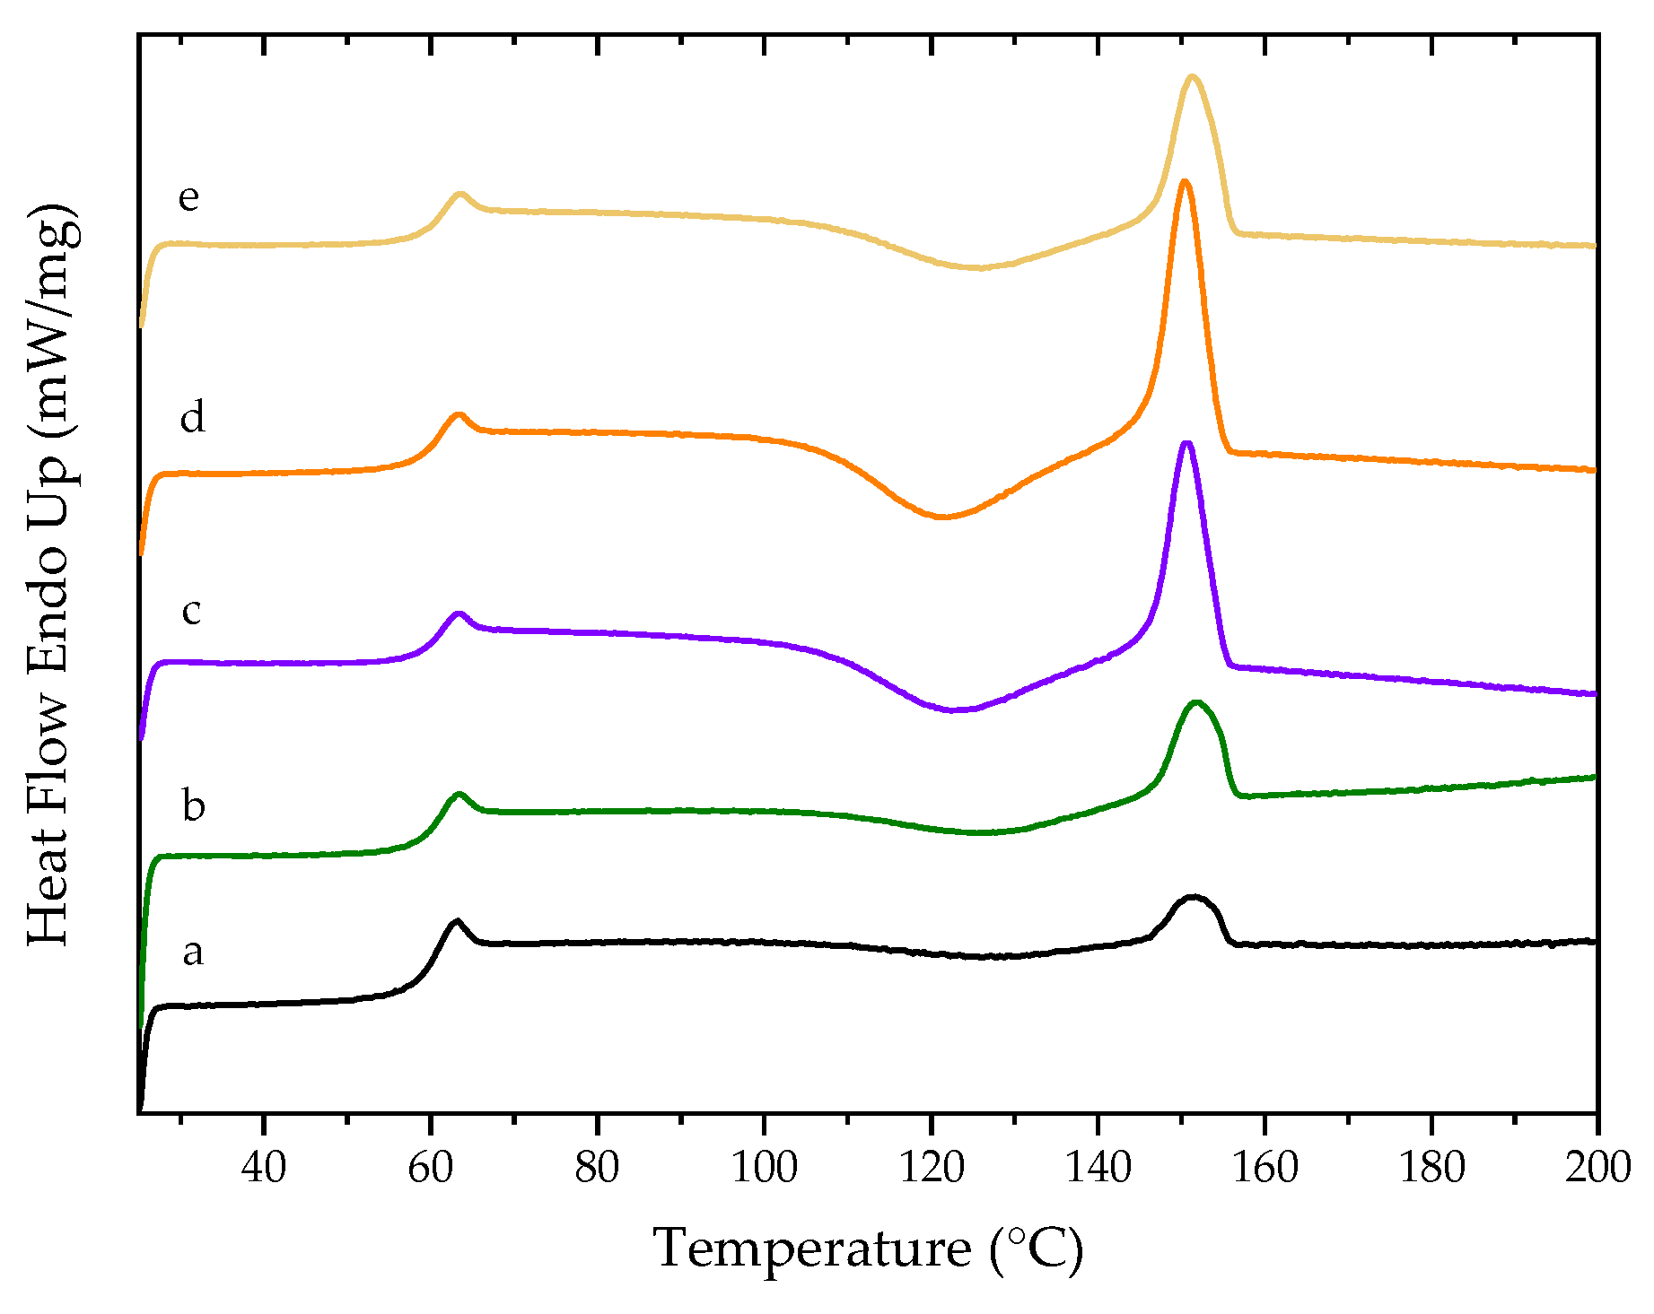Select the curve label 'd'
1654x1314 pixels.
[192, 417]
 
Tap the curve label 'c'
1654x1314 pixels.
[191, 612]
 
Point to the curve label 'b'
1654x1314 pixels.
[193, 805]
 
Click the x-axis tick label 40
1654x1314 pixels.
[264, 1168]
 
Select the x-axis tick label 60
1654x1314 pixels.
[430, 1168]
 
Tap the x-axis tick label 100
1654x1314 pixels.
[764, 1168]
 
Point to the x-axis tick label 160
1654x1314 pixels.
[1265, 1168]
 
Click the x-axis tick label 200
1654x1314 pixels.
[1597, 1168]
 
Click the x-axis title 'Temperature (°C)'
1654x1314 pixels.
[868, 1249]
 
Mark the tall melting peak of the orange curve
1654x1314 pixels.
[1185, 182]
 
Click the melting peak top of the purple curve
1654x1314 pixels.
[1187, 443]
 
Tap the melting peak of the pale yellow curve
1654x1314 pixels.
[1193, 77]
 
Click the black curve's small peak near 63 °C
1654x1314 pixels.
[457, 921]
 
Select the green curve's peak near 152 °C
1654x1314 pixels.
[1196, 702]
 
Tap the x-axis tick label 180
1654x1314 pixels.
[1431, 1168]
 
